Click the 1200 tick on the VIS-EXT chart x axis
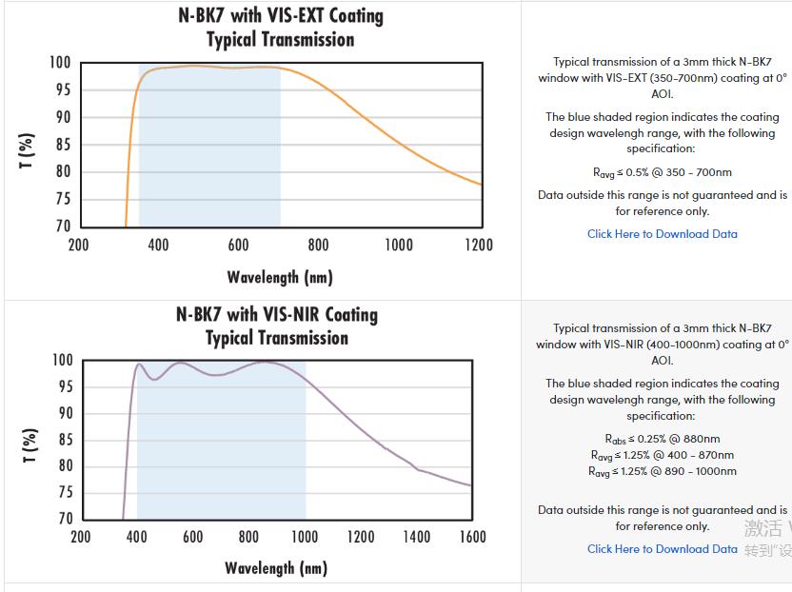coord(479,246)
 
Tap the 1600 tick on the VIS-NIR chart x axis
coord(472,537)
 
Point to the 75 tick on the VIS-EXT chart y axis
coord(61,199)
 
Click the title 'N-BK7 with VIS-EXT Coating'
coord(281,16)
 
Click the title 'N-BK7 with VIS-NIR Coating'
coord(277,314)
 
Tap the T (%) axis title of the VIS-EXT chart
coord(28,150)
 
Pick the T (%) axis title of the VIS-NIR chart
coord(30,445)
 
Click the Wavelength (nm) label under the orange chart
coord(280,277)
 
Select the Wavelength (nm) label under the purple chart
coord(276,568)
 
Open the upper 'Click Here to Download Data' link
coord(662,234)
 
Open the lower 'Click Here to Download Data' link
coord(662,549)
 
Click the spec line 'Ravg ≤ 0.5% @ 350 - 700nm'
coord(663,172)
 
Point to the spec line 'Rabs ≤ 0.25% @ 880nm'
coord(663,439)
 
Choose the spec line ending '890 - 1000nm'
coord(663,471)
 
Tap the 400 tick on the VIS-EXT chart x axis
coord(158,246)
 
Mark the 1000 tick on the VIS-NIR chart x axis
coord(305,537)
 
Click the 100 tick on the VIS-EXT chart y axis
coord(60,63)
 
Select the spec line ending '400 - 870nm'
coord(663,455)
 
